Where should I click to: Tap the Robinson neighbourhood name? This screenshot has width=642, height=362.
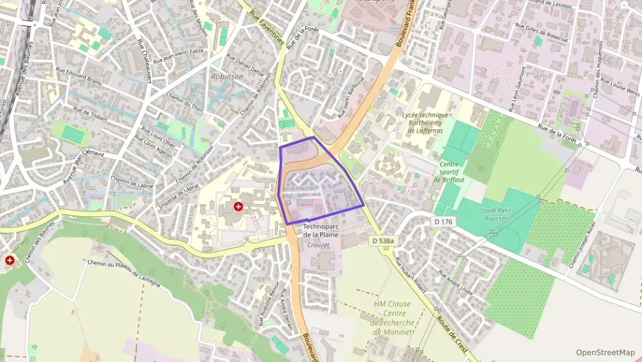pyautogui.click(x=228, y=77)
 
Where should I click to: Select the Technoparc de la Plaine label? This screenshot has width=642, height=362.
pyautogui.click(x=321, y=230)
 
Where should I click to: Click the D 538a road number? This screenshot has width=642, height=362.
pyautogui.click(x=383, y=241)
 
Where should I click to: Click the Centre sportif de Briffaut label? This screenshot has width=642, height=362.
pyautogui.click(x=449, y=172)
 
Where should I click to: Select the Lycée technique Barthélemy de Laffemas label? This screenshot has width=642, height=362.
pyautogui.click(x=427, y=122)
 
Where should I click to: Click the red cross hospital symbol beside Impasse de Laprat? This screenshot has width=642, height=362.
pyautogui.click(x=239, y=206)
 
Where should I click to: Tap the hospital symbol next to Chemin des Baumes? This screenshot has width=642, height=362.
pyautogui.click(x=10, y=260)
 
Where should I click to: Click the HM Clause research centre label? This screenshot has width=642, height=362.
pyautogui.click(x=392, y=317)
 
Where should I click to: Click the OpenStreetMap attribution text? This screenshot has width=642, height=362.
pyautogui.click(x=605, y=352)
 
